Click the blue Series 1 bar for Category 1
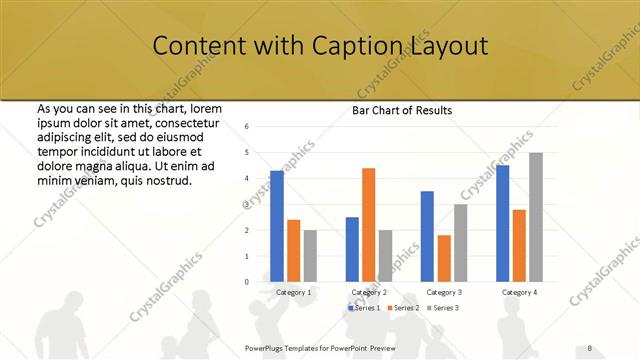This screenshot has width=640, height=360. click(277, 226)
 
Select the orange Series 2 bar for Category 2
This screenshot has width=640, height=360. click(368, 225)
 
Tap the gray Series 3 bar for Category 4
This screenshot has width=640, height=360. click(535, 217)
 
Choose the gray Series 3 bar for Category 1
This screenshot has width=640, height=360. click(310, 256)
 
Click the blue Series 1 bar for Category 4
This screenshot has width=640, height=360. click(502, 223)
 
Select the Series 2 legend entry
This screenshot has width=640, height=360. click(403, 308)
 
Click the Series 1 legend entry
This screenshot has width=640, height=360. click(363, 308)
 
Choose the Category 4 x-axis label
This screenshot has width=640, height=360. click(518, 292)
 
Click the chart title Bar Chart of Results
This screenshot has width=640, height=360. click(402, 110)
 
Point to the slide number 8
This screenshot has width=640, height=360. click(590, 346)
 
